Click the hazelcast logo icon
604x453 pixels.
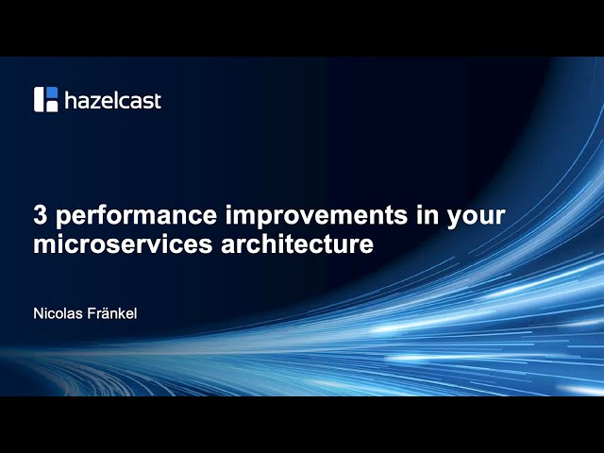46,99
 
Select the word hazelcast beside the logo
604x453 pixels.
112,100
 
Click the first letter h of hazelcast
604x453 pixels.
71,99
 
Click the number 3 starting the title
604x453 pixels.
40,215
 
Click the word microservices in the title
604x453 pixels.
121,244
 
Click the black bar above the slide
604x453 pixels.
302,28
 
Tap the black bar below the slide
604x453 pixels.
302,425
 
